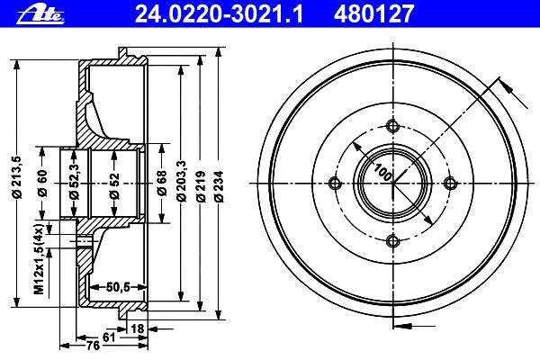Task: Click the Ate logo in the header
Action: (40, 14)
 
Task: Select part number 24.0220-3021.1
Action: (219, 14)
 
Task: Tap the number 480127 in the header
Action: (373, 14)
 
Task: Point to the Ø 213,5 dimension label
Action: (16, 177)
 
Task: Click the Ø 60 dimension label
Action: (42, 184)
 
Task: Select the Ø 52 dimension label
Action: (114, 186)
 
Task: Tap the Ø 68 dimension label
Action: (161, 184)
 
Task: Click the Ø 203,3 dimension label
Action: (181, 181)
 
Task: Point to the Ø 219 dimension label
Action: (201, 186)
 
